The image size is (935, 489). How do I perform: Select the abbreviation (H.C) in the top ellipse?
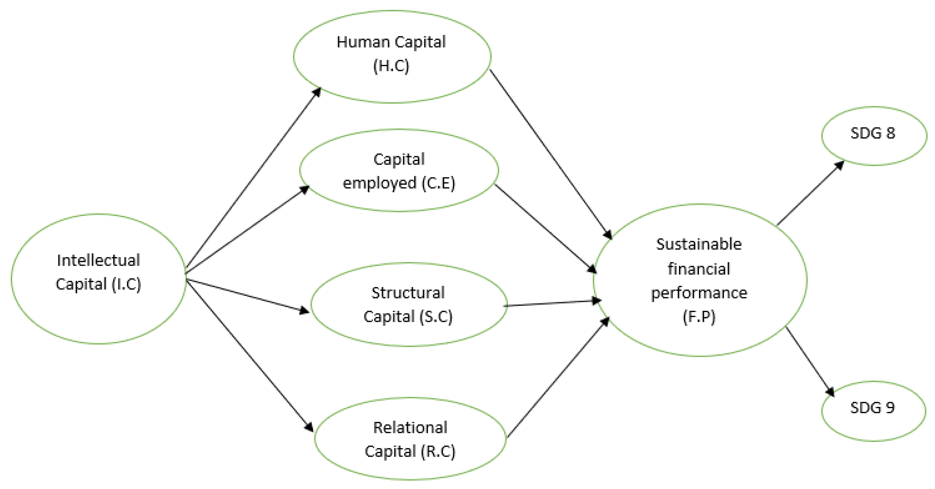[x=391, y=66]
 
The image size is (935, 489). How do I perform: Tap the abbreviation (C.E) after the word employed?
[x=438, y=183]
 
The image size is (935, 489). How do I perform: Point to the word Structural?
[x=408, y=293]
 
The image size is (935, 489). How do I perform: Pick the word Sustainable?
[x=699, y=244]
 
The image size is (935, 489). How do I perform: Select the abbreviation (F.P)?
[x=699, y=317]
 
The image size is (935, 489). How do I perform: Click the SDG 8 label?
[x=873, y=133]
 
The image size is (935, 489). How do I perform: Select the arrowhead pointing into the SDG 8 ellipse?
[x=839, y=166]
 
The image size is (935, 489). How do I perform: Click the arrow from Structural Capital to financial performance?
[x=552, y=303]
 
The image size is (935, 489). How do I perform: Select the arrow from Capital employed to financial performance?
[x=544, y=228]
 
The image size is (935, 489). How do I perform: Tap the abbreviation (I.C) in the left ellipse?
[x=126, y=284]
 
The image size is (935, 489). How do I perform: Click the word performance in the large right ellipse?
[x=699, y=293]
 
